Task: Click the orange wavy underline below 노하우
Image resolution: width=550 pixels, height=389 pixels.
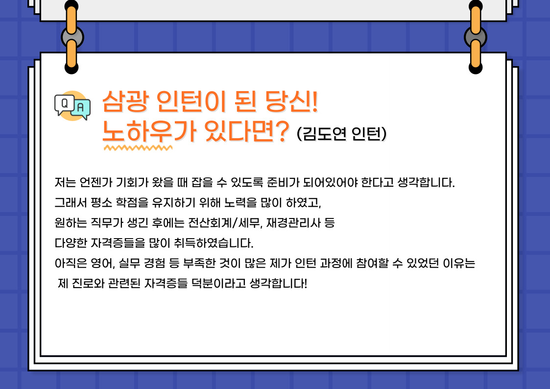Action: (138, 147)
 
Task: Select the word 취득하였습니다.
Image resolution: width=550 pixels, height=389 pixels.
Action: (213, 243)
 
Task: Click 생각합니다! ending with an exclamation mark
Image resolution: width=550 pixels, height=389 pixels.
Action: (279, 283)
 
